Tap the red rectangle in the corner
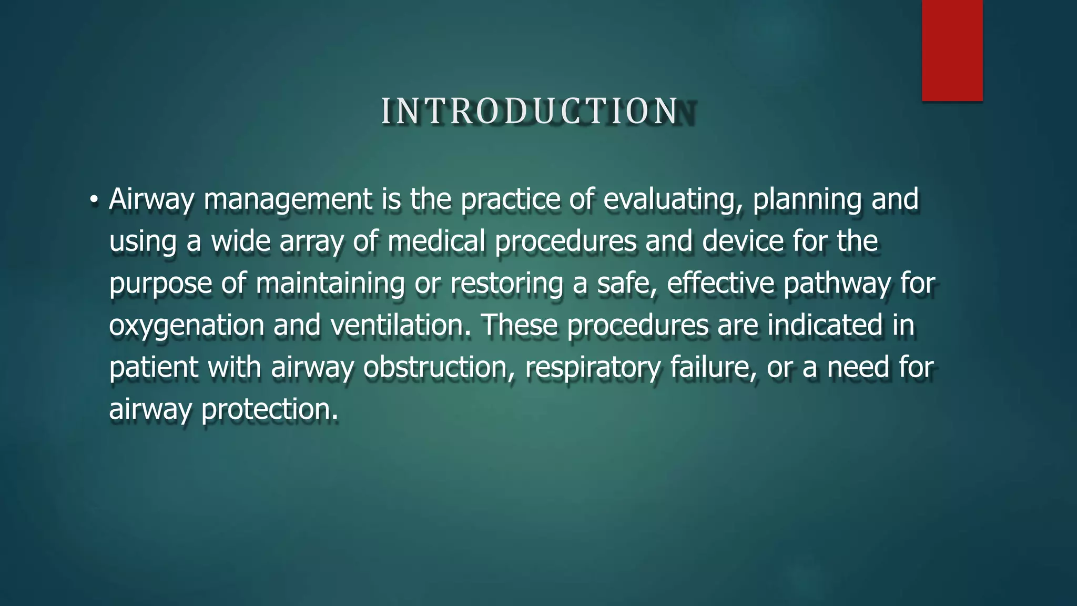952,50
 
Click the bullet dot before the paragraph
94,200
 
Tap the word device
743,241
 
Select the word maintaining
330,284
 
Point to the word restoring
506,284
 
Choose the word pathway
837,284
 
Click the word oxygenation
187,326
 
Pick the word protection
269,410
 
